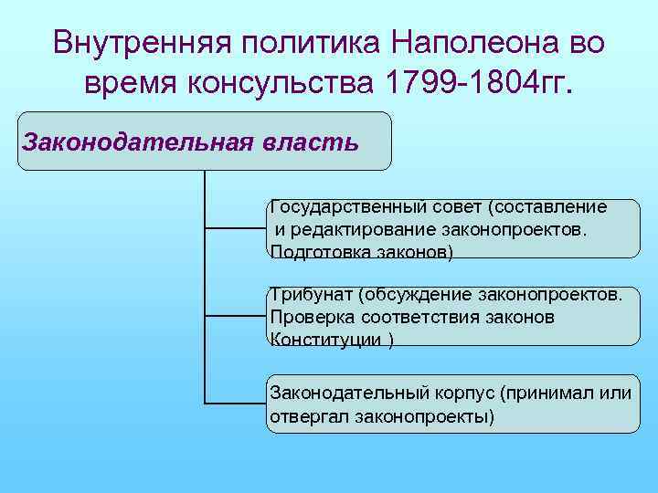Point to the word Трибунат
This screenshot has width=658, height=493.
312,294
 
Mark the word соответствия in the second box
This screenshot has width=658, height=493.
415,317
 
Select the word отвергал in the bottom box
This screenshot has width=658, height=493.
303,416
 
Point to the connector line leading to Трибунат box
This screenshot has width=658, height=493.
234,316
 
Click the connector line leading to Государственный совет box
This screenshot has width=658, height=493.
234,228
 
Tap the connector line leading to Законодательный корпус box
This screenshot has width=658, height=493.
234,403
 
